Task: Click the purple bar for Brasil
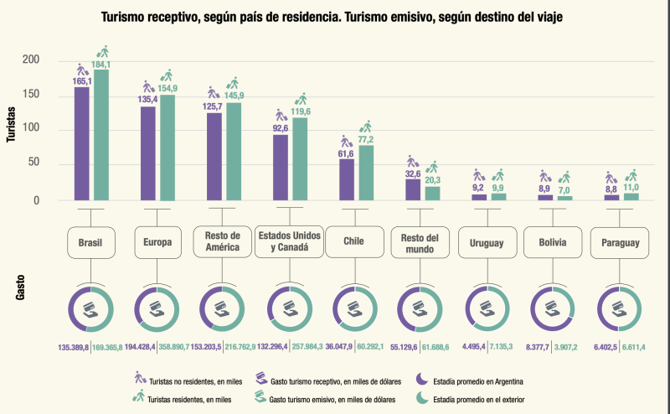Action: [82, 142]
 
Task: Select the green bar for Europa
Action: [168, 147]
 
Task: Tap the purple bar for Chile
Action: [346, 179]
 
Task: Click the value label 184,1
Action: [101, 65]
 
